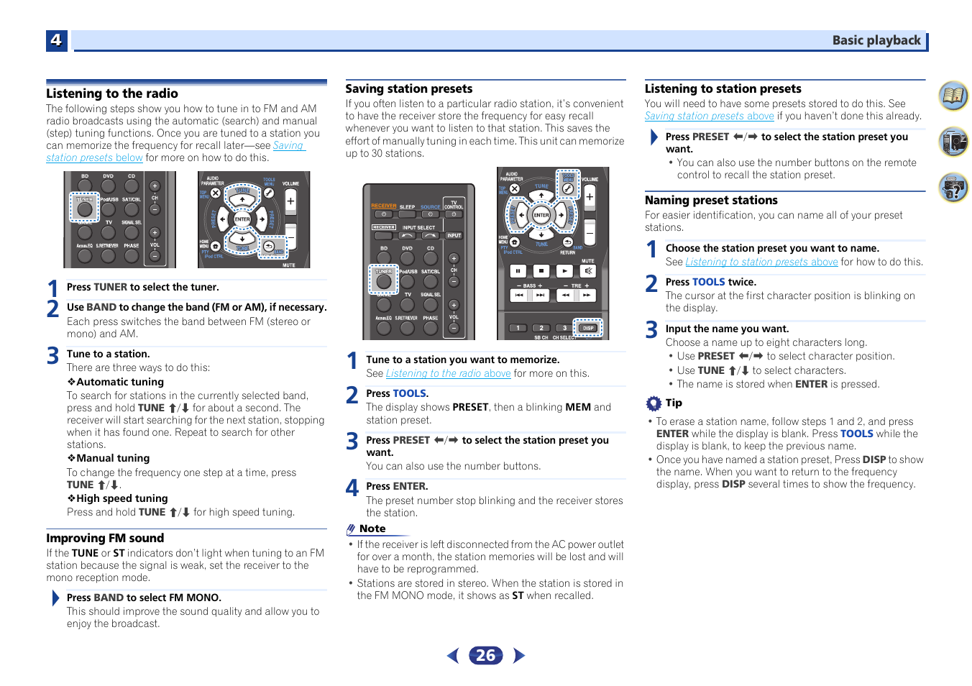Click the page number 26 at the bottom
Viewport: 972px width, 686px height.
click(485, 655)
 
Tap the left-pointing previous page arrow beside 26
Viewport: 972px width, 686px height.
click(453, 655)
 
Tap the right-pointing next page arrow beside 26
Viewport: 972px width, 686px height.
click(519, 655)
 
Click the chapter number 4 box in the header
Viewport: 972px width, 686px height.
click(56, 40)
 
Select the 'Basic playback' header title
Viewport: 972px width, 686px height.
click(876, 40)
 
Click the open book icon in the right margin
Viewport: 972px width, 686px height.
click(953, 96)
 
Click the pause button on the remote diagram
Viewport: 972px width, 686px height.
click(518, 271)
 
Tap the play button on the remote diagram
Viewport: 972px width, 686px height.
click(565, 271)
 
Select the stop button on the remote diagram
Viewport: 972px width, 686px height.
click(541, 271)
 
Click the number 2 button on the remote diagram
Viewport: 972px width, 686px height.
click(541, 328)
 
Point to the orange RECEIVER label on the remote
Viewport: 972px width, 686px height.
click(384, 206)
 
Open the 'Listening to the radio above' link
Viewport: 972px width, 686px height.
click(448, 373)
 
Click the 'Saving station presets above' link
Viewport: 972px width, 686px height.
click(709, 116)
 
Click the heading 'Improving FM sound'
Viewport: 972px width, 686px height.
click(105, 538)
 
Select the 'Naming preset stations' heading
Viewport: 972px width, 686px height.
click(711, 200)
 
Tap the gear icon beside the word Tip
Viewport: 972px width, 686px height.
click(653, 403)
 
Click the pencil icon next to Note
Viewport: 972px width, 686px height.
click(351, 529)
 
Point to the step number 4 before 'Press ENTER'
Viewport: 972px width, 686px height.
click(352, 488)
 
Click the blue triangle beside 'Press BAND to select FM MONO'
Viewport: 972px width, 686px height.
click(55, 598)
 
